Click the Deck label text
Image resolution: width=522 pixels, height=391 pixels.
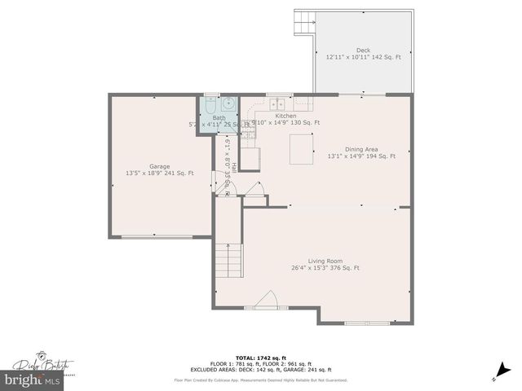pyautogui.click(x=363, y=50)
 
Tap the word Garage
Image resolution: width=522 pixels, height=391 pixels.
pyautogui.click(x=159, y=166)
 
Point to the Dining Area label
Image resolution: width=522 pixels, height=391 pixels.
pyautogui.click(x=361, y=149)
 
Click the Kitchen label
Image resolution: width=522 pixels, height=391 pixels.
pyautogui.click(x=285, y=116)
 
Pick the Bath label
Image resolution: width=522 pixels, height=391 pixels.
pyautogui.click(x=219, y=118)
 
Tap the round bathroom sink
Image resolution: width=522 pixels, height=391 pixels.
pyautogui.click(x=228, y=103)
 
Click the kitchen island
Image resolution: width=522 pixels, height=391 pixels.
pyautogui.click(x=301, y=149)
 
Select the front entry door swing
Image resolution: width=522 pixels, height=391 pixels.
pyautogui.click(x=267, y=301)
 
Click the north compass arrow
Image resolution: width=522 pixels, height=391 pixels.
pyautogui.click(x=495, y=376)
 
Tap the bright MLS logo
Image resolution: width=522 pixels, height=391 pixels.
pyautogui.click(x=26, y=380)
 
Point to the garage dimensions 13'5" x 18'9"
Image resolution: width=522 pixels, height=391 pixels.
pyautogui.click(x=160, y=174)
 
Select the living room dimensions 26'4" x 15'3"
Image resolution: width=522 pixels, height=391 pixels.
pyautogui.click(x=325, y=268)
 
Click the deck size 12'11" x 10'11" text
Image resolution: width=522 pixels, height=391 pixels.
pyautogui.click(x=363, y=57)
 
